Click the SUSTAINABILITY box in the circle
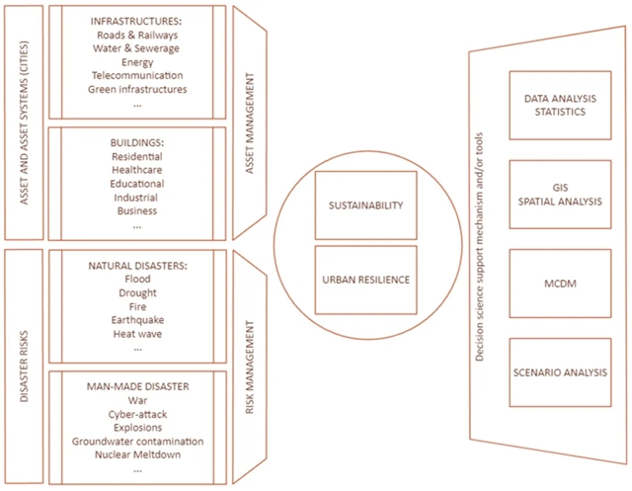[364, 205]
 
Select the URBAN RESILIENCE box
[364, 280]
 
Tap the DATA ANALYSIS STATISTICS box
[555, 106]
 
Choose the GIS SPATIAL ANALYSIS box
[555, 194]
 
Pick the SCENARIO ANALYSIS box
[555, 371]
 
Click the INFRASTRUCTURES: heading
[137, 21]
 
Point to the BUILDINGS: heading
[137, 142]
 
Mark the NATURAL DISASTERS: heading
[137, 266]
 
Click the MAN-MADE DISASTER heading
[137, 386]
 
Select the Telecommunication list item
[137, 75]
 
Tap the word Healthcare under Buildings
[137, 170]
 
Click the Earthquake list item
[137, 320]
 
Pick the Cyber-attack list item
[137, 414]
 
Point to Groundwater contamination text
[137, 442]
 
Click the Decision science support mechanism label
[479, 244]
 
